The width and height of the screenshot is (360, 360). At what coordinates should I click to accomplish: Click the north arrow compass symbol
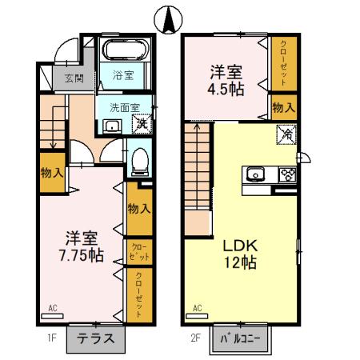pos(170,19)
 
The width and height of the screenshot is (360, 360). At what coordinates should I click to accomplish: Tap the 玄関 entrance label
pos(74,78)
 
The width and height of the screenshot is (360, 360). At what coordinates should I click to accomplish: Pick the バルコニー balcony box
pos(242,338)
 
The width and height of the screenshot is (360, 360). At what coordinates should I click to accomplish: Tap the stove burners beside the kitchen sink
pos(286,174)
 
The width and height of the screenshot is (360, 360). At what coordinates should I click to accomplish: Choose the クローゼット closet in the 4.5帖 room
pos(282,64)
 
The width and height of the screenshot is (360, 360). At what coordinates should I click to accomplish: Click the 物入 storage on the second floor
pos(282,106)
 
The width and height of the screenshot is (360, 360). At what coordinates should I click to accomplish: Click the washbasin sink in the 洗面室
pos(111,125)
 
